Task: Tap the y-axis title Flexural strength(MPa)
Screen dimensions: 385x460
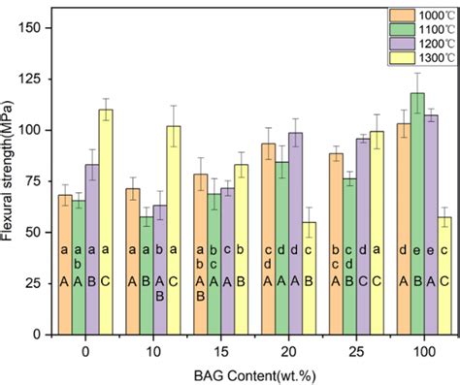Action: pyautogui.click(x=9, y=180)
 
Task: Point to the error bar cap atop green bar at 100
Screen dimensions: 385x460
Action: pyautogui.click(x=417, y=73)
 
